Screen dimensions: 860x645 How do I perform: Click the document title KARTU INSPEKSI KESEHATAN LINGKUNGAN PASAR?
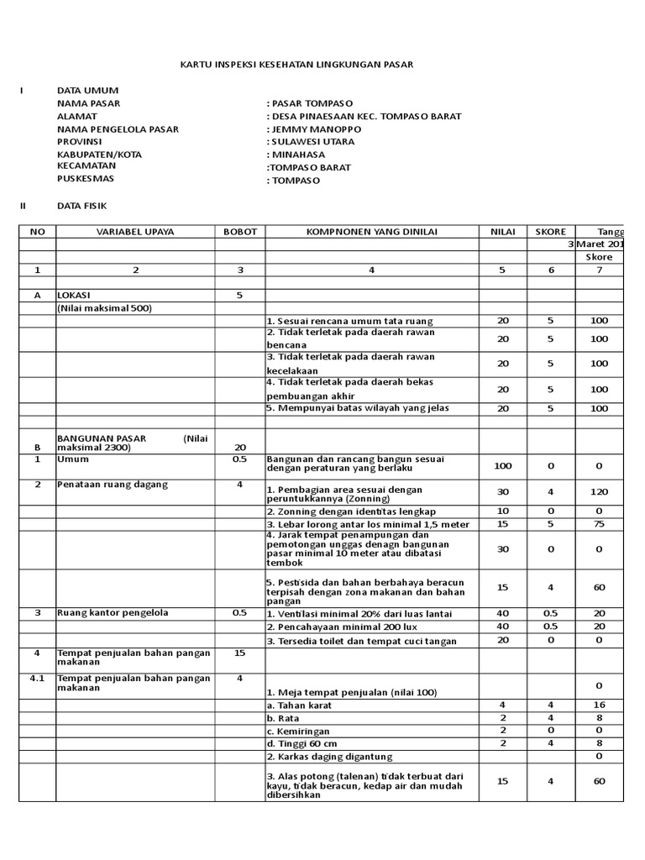[298, 65]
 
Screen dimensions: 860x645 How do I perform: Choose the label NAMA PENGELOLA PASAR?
[118, 129]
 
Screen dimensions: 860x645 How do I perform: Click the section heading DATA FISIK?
[82, 206]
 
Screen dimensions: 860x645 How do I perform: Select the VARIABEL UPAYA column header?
[134, 232]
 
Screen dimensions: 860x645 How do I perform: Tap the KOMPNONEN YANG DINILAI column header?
[371, 232]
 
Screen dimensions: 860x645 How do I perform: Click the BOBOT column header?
[240, 232]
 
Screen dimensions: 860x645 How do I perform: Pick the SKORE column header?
[550, 232]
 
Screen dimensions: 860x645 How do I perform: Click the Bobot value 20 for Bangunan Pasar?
[240, 448]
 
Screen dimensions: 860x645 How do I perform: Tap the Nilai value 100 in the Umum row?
[503, 465]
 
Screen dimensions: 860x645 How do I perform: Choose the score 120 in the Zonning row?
[599, 492]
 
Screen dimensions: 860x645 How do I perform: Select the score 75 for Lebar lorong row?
[599, 525]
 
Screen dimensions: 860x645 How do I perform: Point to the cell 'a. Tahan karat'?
[299, 705]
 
